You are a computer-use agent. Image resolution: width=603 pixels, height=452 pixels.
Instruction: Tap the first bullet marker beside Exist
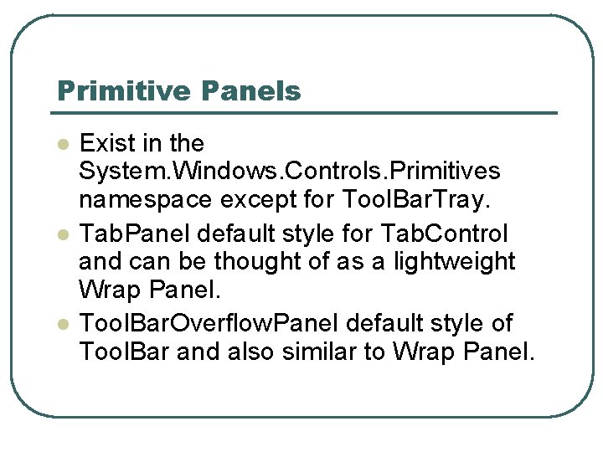point(61,144)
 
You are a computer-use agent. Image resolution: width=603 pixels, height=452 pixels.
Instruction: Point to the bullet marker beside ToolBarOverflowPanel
point(61,323)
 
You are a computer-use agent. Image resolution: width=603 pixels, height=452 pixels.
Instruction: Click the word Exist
point(105,143)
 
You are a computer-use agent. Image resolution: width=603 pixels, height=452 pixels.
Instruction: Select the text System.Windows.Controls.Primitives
point(289,172)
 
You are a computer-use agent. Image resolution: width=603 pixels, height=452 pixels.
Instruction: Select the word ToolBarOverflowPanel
point(210,322)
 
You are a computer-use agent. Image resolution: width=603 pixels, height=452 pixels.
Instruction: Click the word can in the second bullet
point(150,262)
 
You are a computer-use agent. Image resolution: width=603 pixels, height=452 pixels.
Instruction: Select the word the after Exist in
point(185,143)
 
